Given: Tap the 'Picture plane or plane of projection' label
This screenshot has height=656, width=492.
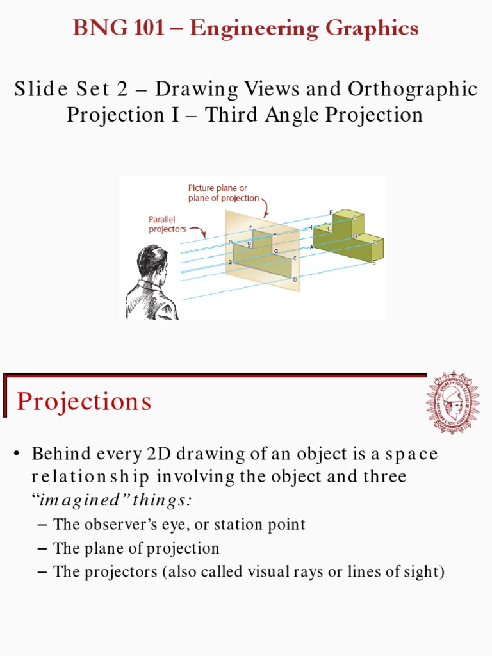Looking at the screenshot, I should [224, 193].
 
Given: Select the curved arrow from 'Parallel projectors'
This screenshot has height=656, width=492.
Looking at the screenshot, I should [200, 233].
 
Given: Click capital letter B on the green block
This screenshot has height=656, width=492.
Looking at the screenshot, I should [374, 262].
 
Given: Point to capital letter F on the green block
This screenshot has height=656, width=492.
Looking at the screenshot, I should [331, 212].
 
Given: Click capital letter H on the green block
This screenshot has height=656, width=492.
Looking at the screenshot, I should [310, 227].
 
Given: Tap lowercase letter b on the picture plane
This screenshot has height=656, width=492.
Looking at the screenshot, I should [295, 279].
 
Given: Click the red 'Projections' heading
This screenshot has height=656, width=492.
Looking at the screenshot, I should [85, 402].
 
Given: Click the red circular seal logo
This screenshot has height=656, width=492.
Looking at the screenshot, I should [452, 402].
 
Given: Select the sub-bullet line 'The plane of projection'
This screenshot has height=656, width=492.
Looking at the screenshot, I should [136, 548].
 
